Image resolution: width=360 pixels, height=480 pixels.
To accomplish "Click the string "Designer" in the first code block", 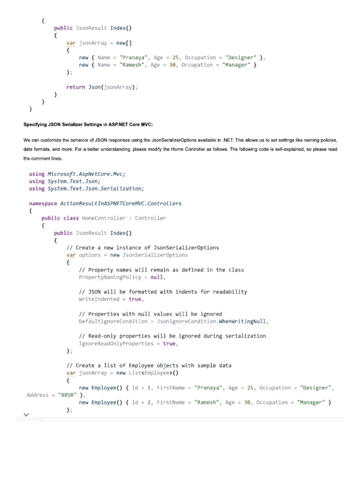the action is (241, 58).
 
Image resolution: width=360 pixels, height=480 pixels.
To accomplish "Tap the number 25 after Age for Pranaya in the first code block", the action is (175, 58).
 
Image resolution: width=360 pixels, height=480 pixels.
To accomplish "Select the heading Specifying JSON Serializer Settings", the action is (88, 125).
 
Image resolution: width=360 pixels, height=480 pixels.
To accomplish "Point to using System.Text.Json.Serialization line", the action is (86, 188).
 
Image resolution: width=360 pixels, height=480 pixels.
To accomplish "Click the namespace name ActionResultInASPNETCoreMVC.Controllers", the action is (120, 203).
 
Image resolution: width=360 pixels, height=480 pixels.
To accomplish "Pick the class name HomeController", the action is (104, 218).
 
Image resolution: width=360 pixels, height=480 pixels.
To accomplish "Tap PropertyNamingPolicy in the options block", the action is (110, 277).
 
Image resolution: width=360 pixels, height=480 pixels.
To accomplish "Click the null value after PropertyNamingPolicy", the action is (157, 277).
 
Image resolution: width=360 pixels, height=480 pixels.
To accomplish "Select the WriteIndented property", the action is (99, 299).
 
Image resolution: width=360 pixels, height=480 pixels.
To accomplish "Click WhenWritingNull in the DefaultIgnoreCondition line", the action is (242, 322).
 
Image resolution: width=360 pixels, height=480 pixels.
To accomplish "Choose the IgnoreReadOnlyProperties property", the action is (116, 344).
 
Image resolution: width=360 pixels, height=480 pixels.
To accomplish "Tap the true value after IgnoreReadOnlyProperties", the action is (169, 344).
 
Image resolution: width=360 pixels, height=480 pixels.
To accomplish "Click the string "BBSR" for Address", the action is (67, 395).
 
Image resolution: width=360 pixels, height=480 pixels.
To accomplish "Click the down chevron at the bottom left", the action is (26, 415).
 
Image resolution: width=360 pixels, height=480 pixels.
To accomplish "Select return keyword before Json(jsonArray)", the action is (75, 87).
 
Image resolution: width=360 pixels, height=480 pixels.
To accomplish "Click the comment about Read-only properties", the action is (172, 336).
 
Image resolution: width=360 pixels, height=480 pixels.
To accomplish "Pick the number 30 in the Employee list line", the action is (247, 403).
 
